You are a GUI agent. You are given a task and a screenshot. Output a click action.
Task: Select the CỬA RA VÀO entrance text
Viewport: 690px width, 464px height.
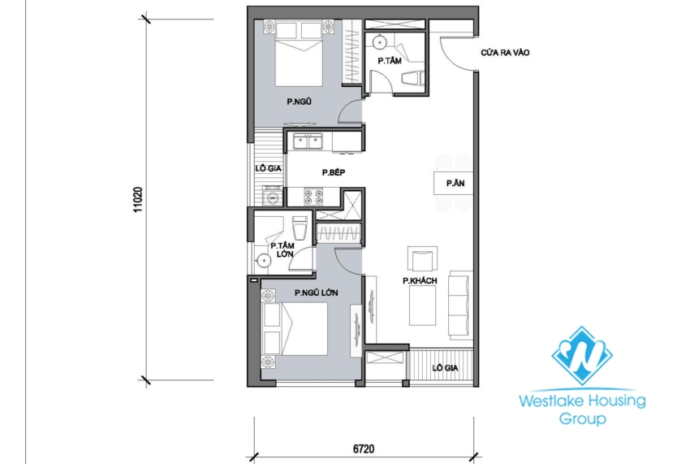[505, 54]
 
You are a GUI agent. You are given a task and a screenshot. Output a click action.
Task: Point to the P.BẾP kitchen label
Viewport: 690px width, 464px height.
[334, 172]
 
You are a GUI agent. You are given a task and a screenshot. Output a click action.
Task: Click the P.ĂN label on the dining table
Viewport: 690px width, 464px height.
[455, 184]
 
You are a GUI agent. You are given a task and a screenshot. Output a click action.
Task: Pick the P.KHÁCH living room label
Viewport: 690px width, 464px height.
[420, 281]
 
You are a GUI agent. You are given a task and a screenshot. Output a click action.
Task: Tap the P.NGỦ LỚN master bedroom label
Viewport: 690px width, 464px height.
[317, 292]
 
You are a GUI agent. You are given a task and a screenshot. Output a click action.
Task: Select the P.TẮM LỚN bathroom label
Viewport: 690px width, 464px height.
[282, 249]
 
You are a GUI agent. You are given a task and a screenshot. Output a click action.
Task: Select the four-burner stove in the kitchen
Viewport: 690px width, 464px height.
[313, 196]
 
